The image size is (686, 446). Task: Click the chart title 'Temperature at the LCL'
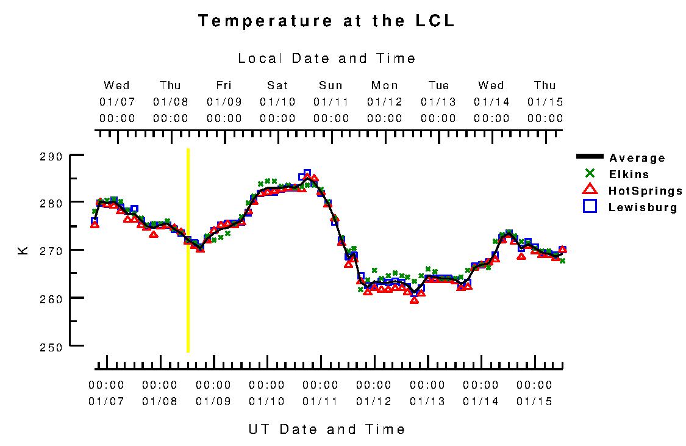326,21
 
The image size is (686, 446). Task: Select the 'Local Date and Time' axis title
326,59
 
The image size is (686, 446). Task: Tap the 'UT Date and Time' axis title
326,429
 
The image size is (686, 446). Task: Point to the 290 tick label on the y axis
51,157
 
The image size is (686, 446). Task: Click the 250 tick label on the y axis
51,347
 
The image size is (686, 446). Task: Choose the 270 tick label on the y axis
51,251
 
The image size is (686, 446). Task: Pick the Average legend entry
637,158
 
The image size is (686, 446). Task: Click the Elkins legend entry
629,174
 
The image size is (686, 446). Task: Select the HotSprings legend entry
645,191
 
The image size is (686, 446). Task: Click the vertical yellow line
188,250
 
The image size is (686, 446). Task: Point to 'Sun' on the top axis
330,85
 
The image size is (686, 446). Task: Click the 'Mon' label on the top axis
384,85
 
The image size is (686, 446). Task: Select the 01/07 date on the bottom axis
106,401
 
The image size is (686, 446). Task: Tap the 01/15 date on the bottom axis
534,401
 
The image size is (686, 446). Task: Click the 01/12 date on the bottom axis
373,401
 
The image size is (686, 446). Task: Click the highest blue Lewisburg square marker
307,173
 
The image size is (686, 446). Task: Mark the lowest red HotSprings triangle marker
415,300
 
